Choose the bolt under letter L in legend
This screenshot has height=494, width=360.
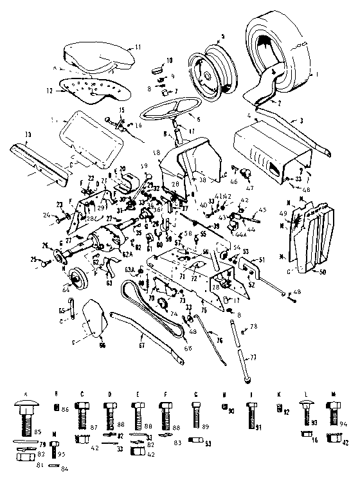click(x=307, y=414)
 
